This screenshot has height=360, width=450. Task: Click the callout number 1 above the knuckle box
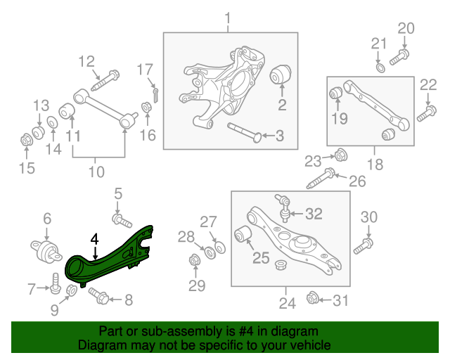[226, 17]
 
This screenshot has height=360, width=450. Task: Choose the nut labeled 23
[338, 154]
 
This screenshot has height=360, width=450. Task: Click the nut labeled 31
[314, 301]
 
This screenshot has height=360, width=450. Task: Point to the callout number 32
[314, 213]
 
